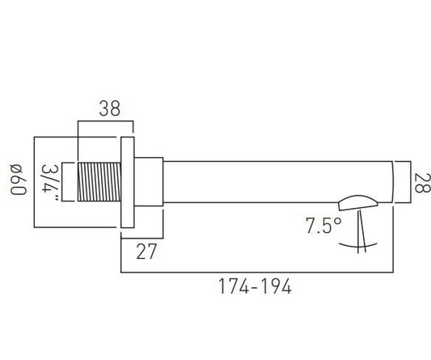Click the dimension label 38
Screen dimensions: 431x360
[x=109, y=108]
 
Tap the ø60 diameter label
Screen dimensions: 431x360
[x=18, y=180]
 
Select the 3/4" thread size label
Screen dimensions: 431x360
[x=50, y=182]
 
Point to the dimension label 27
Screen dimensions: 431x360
[x=146, y=252]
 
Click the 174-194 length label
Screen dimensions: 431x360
[x=255, y=286]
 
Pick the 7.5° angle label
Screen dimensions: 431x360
[x=323, y=226]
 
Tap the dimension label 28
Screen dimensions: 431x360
[x=421, y=183]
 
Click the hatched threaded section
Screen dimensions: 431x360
[x=99, y=182]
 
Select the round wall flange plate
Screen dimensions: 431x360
[x=128, y=182]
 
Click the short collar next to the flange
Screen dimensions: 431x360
[x=149, y=181]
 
